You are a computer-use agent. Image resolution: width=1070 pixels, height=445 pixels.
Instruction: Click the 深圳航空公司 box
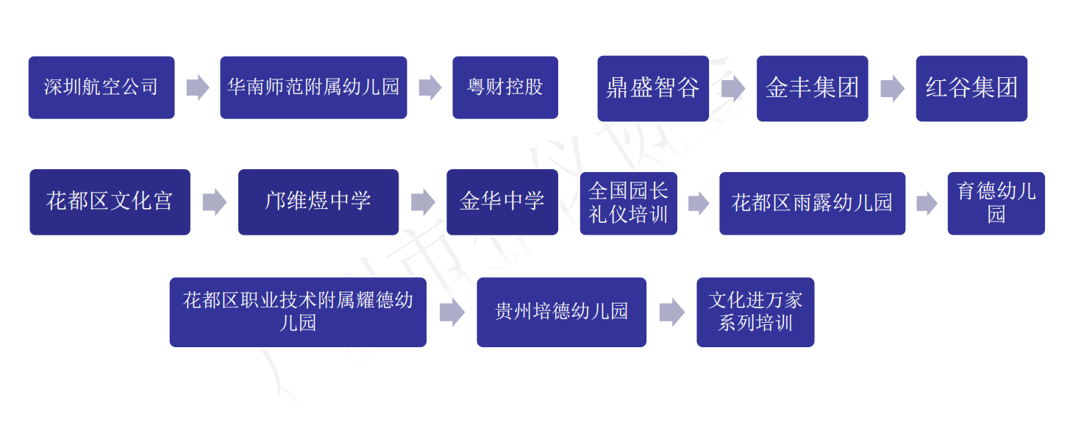101,88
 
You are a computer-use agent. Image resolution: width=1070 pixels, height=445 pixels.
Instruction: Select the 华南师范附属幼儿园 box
313,88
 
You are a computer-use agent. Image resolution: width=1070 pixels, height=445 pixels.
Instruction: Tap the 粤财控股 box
504,88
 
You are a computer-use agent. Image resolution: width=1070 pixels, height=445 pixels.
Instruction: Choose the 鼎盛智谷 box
652,88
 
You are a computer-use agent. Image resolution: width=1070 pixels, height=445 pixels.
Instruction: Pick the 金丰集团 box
812,88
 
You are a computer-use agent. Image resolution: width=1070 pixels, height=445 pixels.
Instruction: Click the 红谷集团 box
971,88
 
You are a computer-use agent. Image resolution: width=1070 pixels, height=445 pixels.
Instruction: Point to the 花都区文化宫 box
110,202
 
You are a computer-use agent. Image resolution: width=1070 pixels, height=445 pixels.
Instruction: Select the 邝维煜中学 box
318,202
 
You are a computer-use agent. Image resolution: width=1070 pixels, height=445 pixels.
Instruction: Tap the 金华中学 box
502,202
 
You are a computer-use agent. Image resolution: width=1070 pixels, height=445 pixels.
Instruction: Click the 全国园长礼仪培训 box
628,203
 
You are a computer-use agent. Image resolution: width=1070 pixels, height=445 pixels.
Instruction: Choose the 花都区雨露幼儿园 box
812,203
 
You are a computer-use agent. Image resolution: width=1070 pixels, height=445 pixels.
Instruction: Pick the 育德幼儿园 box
996,203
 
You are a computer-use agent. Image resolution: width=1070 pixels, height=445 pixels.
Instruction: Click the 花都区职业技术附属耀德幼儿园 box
298,312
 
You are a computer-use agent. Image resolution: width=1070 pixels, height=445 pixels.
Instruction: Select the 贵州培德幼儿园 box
561,312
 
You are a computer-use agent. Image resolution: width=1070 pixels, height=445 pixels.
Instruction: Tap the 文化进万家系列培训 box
755,312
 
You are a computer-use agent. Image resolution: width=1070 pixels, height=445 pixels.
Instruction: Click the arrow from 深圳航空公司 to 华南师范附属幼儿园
197,88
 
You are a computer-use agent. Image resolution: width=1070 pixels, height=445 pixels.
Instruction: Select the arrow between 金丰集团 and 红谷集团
892,88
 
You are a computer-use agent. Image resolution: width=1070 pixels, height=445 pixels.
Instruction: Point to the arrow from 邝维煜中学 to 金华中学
423,202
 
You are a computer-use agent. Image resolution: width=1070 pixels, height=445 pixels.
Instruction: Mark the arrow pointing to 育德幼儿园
927,203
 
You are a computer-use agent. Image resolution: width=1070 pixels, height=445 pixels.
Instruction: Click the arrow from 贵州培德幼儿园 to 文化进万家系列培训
671,313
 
